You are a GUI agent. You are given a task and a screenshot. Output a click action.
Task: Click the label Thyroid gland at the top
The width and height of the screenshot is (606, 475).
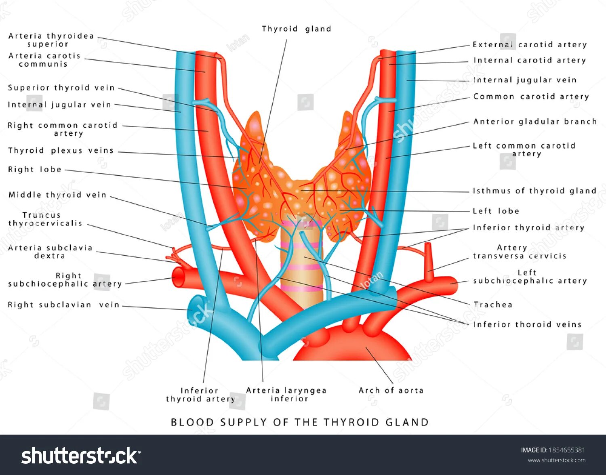click(x=296, y=29)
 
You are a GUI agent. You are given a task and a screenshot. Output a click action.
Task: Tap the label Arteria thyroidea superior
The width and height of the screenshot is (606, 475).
click(x=51, y=40)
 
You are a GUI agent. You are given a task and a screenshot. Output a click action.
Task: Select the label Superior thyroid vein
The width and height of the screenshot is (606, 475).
click(x=61, y=88)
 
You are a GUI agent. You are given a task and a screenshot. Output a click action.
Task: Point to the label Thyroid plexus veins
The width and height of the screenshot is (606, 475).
click(x=61, y=151)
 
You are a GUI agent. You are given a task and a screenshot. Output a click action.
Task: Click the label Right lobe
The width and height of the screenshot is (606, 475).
click(x=35, y=169)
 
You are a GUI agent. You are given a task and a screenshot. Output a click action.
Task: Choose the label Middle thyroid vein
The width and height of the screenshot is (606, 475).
click(x=57, y=195)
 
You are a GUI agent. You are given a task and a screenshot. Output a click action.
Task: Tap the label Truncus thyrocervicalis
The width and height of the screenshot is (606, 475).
click(x=45, y=219)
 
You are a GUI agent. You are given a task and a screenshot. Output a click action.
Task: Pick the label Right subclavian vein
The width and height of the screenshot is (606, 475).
click(x=64, y=305)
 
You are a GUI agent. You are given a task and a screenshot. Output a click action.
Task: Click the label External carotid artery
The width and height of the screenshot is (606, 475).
click(x=530, y=44)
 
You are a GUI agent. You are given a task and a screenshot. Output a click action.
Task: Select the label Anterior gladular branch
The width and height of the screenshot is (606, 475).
click(x=535, y=122)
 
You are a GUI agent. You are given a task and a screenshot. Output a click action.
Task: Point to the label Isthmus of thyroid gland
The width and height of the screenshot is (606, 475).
click(x=534, y=191)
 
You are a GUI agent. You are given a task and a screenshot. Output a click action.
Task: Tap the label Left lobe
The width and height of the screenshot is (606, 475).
click(x=496, y=211)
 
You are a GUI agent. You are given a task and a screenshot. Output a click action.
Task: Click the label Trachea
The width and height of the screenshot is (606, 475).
click(x=493, y=305)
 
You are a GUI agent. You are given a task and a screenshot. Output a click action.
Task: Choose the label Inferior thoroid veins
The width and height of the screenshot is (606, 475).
click(x=527, y=324)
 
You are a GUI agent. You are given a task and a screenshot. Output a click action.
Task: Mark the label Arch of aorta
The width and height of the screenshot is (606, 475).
click(x=391, y=390)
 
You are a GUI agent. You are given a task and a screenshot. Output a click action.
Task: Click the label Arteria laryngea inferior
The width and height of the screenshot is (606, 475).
click(x=286, y=395)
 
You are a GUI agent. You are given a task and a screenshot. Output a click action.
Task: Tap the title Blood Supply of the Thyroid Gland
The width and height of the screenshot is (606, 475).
click(x=299, y=422)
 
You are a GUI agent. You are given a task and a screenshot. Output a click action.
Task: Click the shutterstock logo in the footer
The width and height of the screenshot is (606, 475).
click(x=80, y=456)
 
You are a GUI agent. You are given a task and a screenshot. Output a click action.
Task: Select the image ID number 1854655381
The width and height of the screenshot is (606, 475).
click(x=566, y=450)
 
